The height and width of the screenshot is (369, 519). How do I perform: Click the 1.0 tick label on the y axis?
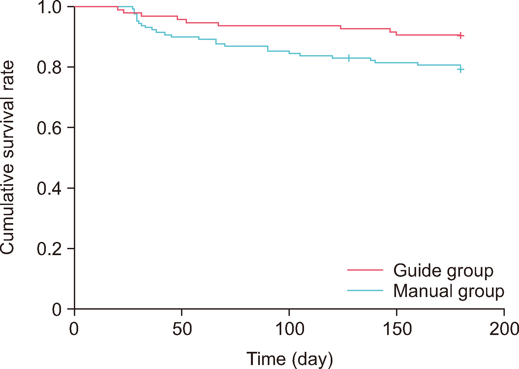click(49, 7)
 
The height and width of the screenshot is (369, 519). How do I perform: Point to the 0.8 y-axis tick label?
click(49, 67)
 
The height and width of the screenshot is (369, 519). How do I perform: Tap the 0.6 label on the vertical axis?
click(49, 128)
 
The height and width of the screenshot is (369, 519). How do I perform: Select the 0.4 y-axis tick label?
click(49, 188)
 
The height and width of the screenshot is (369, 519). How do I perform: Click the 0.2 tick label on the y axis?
click(49, 249)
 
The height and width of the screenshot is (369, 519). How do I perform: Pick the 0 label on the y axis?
click(57, 310)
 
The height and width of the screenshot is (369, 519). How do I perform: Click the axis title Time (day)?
click(290, 359)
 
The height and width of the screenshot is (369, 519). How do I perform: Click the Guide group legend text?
click(443, 270)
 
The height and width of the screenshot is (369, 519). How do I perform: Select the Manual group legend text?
click(448, 291)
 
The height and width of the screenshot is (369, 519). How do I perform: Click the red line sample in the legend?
click(365, 270)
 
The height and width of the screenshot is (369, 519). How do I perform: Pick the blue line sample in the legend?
click(365, 291)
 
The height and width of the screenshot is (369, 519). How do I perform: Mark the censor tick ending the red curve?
click(461, 35)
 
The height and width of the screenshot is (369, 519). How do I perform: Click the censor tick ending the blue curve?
click(461, 69)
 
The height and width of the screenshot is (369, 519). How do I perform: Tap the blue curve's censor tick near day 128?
click(349, 58)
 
